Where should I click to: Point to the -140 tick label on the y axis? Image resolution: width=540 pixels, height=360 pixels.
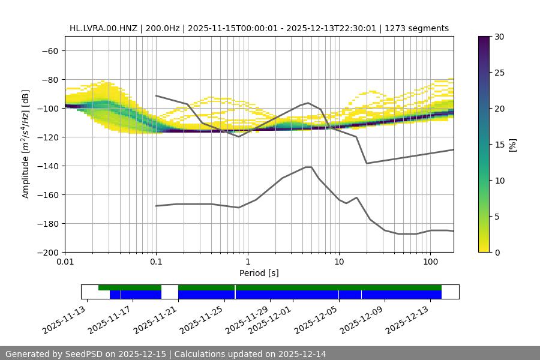coord(47,166)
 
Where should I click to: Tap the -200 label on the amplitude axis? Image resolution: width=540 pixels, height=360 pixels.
coord(47,252)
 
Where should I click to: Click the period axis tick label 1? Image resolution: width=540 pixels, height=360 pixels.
coord(247,262)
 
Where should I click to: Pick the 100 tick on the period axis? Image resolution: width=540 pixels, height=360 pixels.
coord(430,262)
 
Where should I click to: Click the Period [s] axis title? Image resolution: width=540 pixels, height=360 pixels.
coord(259,273)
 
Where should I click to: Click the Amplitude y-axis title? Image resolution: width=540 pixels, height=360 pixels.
coord(26,144)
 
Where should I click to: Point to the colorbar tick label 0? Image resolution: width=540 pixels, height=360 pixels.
coord(497,252)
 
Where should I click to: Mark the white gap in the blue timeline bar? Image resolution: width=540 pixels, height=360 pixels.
coord(170,294)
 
